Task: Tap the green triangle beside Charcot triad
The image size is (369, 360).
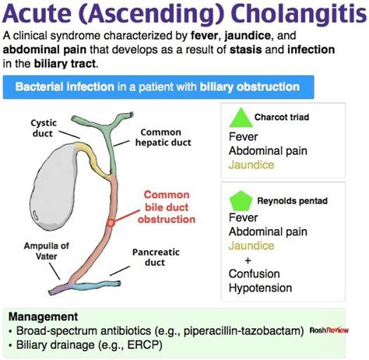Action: click(x=240, y=119)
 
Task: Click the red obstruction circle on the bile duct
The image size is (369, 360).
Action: click(x=111, y=221)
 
